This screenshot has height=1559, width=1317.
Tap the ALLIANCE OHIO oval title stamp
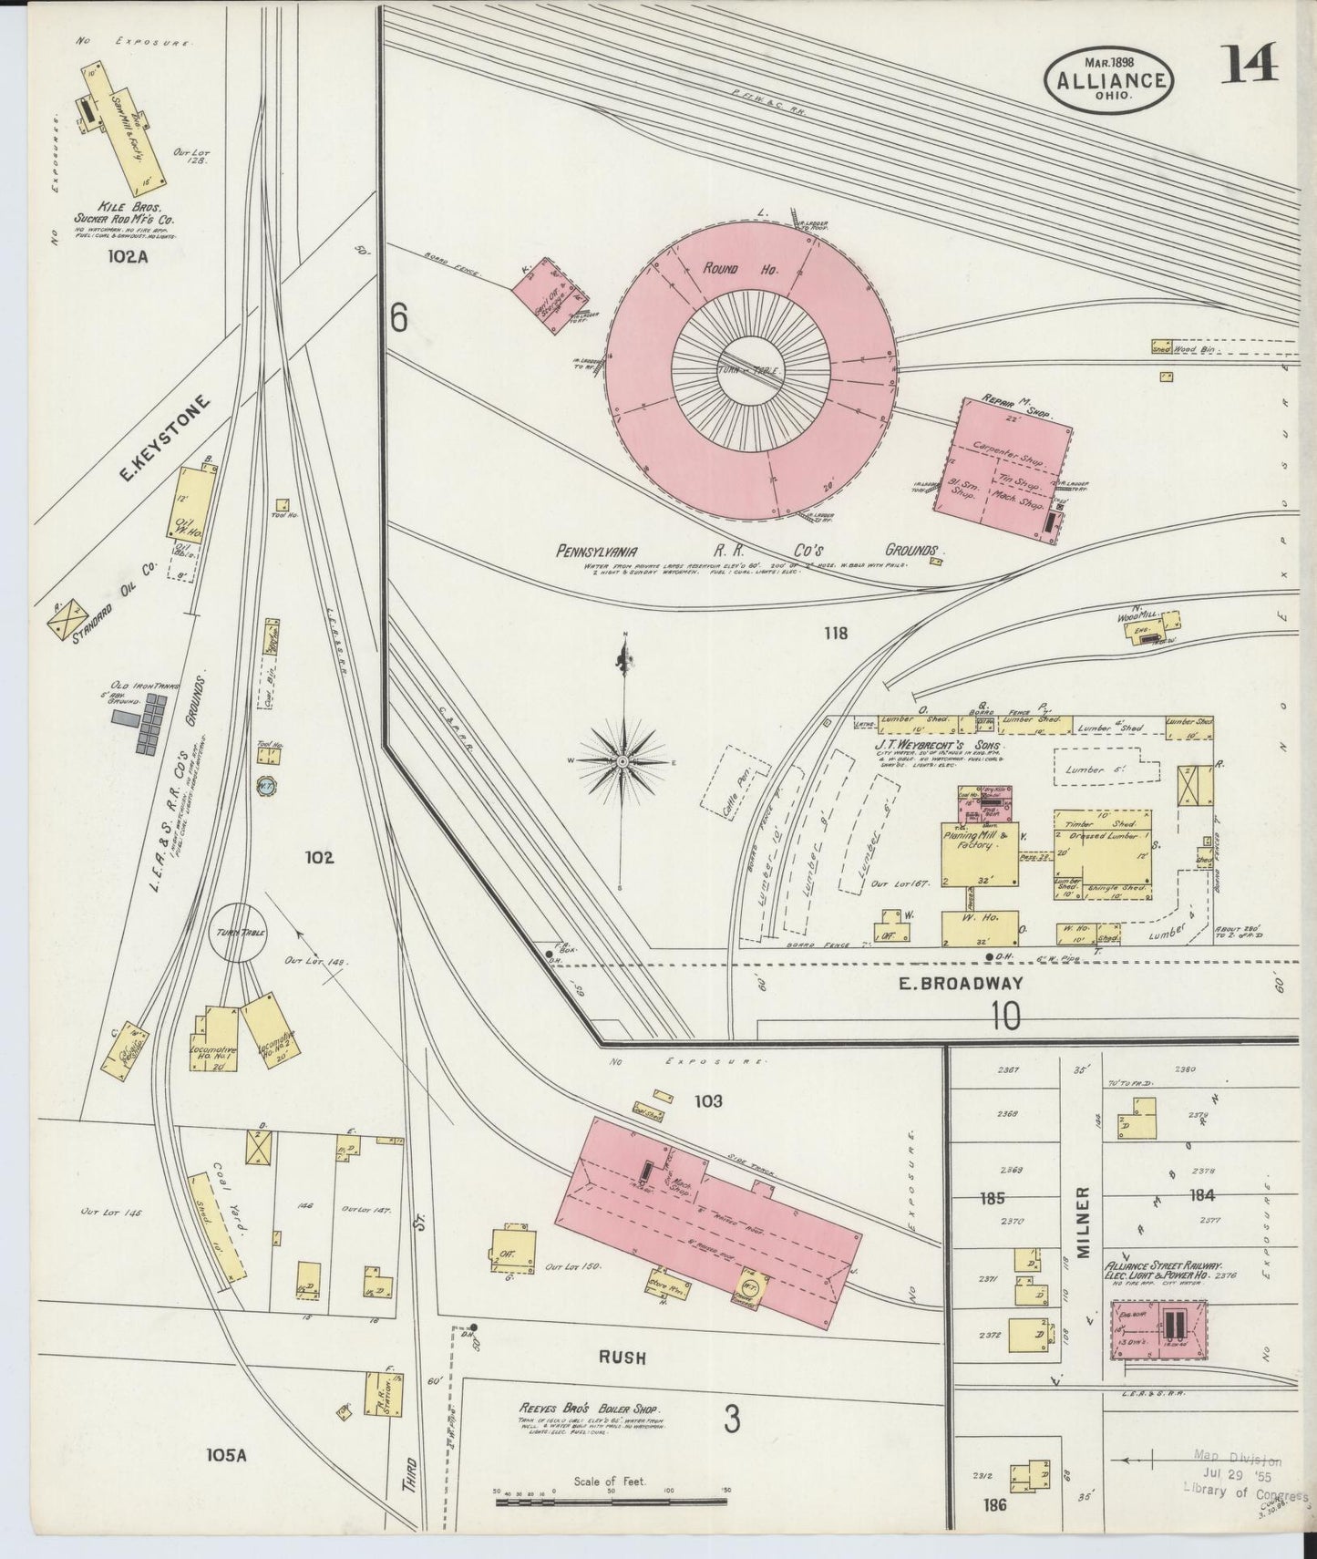pyautogui.click(x=1109, y=81)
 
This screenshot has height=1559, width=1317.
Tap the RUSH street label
pyautogui.click(x=622, y=1358)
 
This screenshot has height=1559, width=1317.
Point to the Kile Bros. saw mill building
pyautogui.click(x=127, y=133)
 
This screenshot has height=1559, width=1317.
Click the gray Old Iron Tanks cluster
pyautogui.click(x=142, y=723)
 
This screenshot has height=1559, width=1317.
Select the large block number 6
pyautogui.click(x=398, y=318)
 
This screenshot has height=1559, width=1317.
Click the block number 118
pyautogui.click(x=835, y=632)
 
